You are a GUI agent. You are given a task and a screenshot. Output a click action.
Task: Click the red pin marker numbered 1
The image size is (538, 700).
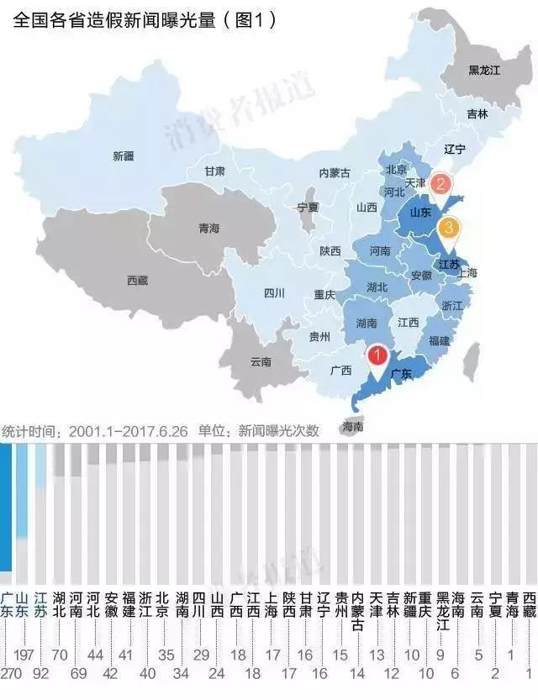click(378, 356)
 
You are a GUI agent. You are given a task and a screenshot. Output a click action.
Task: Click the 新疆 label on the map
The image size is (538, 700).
click(124, 155)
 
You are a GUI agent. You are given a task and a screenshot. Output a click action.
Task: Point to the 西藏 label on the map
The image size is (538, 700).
click(137, 280)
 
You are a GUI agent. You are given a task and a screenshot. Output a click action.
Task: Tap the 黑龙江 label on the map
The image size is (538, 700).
click(484, 71)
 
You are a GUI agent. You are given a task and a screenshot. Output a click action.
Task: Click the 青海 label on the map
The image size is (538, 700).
click(208, 228)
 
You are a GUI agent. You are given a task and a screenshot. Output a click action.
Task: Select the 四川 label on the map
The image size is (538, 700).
click(274, 293)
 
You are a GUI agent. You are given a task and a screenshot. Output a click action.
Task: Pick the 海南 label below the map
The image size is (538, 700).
click(353, 427)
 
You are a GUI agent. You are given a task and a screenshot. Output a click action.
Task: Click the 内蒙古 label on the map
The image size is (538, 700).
click(335, 172)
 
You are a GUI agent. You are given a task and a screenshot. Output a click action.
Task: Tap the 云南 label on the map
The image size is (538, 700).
click(261, 362)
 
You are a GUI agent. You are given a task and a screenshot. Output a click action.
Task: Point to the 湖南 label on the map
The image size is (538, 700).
click(367, 323)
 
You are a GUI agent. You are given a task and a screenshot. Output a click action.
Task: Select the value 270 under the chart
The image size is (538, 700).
click(11, 672)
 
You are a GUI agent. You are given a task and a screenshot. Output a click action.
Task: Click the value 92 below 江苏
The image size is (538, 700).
click(40, 672)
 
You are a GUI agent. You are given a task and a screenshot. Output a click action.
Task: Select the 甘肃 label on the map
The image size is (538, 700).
click(214, 171)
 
